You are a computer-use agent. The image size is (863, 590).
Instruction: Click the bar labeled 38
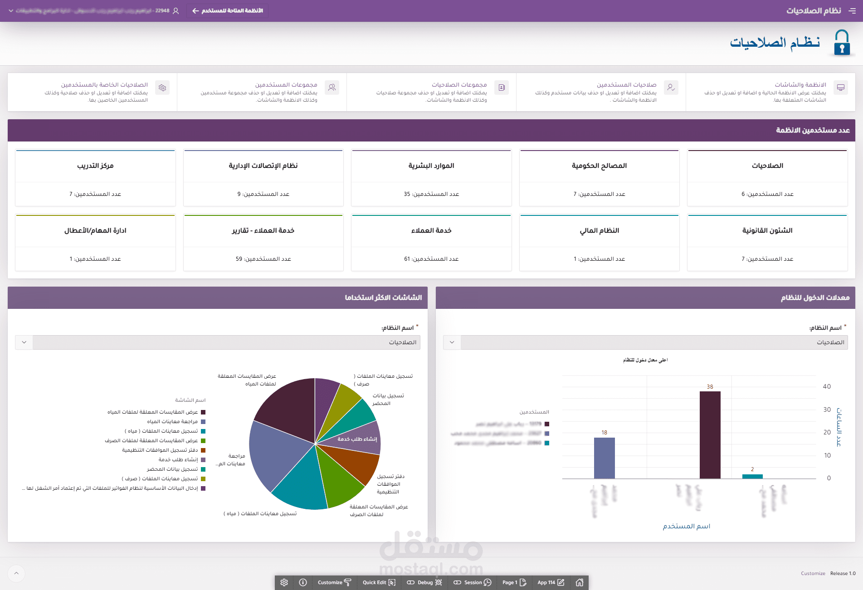click(x=710, y=434)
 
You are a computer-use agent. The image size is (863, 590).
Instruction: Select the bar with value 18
click(x=604, y=458)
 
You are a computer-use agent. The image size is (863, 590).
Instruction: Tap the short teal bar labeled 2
click(x=752, y=476)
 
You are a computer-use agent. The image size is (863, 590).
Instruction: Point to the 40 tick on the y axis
click(x=827, y=386)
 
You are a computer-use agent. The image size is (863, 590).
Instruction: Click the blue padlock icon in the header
click(x=842, y=43)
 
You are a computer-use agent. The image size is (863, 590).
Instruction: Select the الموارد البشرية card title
click(x=431, y=166)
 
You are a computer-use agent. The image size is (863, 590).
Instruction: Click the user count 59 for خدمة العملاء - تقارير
click(x=263, y=258)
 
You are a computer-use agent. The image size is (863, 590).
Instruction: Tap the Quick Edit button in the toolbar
click(x=379, y=582)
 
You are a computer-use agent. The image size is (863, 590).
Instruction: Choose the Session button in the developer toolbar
click(x=473, y=582)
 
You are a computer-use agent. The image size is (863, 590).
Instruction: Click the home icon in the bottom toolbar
click(x=579, y=582)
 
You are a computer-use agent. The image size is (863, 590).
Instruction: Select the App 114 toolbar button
click(x=551, y=582)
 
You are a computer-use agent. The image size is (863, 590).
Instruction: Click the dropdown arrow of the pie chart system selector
click(x=24, y=342)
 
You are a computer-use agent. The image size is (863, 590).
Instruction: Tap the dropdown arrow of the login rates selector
click(x=452, y=342)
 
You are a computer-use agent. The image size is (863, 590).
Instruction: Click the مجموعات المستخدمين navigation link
click(x=286, y=85)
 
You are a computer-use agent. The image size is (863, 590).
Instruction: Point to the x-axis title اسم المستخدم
click(x=686, y=526)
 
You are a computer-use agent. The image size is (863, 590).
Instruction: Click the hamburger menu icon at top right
click(x=852, y=11)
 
